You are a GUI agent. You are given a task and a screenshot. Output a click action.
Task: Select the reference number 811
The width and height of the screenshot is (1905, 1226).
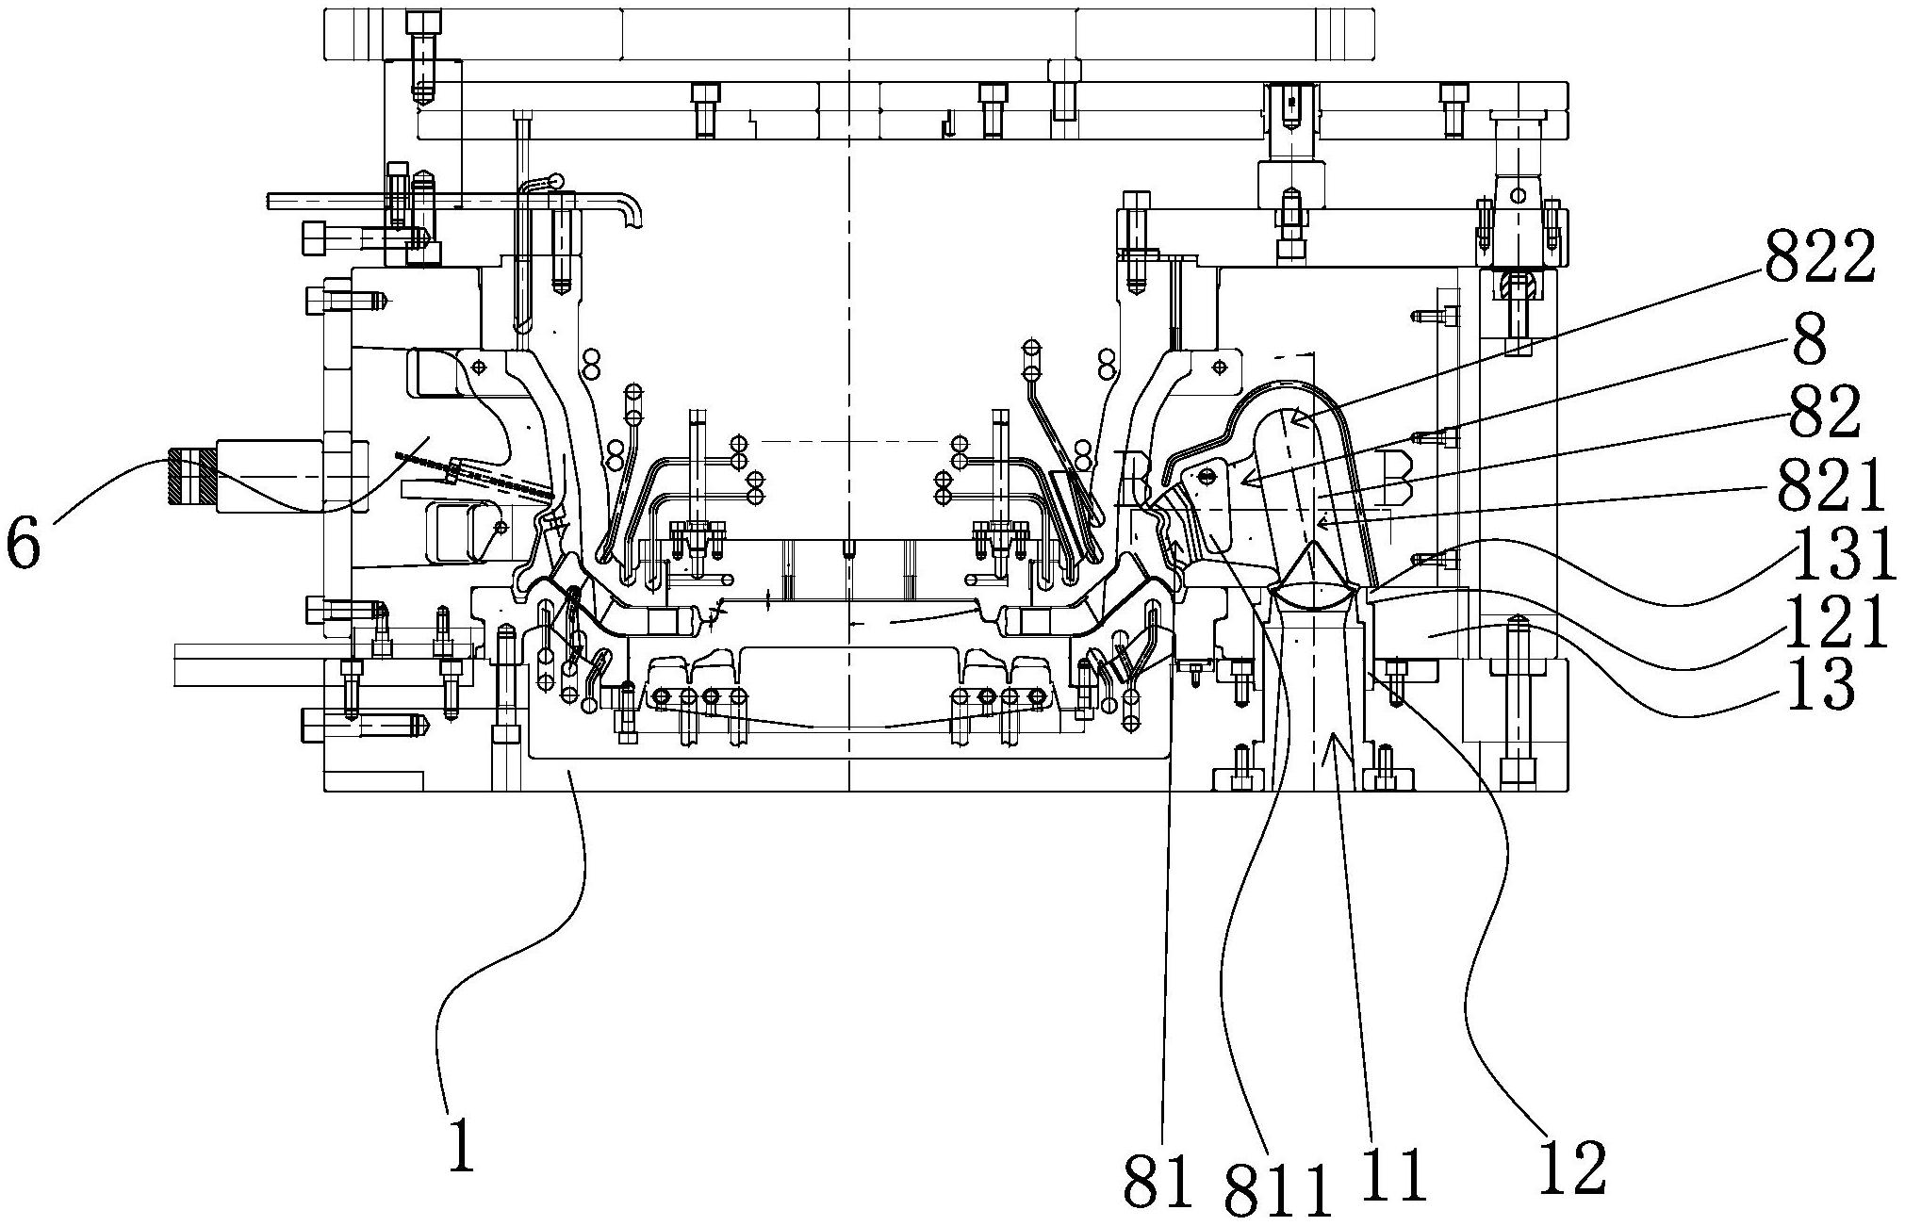tap(1278, 1189)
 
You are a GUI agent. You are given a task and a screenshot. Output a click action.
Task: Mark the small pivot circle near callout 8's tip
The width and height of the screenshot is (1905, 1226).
tap(1206, 477)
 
